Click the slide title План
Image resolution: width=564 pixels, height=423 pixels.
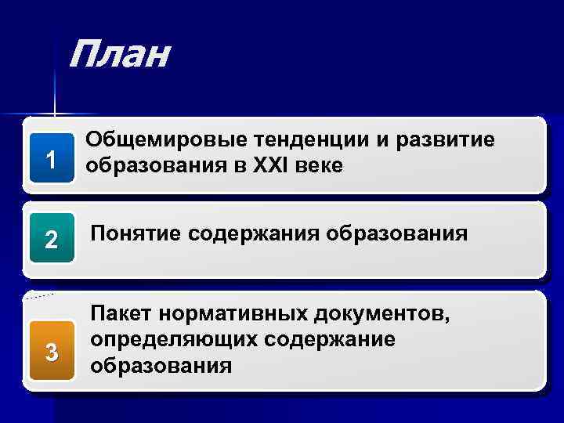(x=118, y=56)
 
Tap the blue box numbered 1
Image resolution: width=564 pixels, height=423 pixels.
(x=50, y=161)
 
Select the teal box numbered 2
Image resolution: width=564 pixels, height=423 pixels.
(x=51, y=240)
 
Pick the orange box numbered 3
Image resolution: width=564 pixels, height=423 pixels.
(x=51, y=353)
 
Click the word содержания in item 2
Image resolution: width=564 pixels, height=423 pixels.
(x=256, y=233)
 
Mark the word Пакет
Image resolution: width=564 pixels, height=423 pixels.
(x=121, y=314)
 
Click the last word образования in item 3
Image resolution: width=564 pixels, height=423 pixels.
(x=161, y=365)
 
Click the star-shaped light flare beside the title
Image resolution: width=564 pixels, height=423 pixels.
(x=55, y=114)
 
